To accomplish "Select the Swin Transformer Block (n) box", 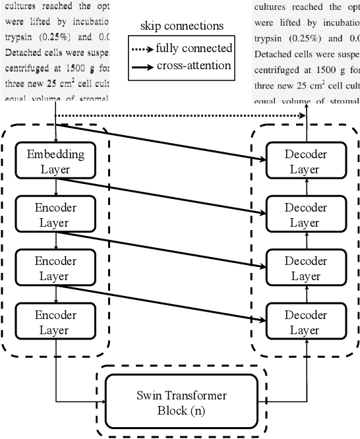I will pyautogui.click(x=181, y=401).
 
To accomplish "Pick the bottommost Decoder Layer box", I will pyautogui.click(x=305, y=321).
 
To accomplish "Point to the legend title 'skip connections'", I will pyautogui.click(x=181, y=26).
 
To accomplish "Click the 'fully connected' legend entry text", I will pyautogui.click(x=194, y=48).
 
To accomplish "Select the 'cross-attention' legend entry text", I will pyautogui.click(x=194, y=65).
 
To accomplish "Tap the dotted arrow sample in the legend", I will pyautogui.click(x=143, y=48).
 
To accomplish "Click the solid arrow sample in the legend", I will pyautogui.click(x=143, y=65).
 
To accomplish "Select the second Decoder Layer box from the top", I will pyautogui.click(x=305, y=215).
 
